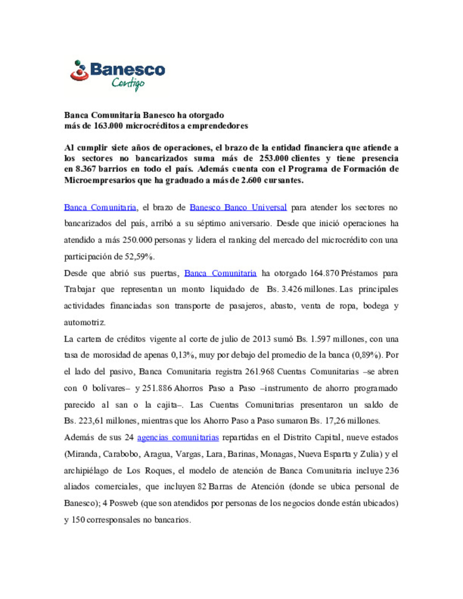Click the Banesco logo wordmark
[127, 69]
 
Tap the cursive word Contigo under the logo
[128, 83]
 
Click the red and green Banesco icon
[79, 71]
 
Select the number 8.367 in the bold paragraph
[85, 169]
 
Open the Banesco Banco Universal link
[238, 207]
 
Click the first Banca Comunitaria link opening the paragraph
[100, 207]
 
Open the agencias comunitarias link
[178, 437]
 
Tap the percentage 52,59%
[140, 257]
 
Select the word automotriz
[85, 322]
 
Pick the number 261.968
[259, 371]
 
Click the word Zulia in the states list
[370, 454]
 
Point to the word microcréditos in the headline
[152, 126]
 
